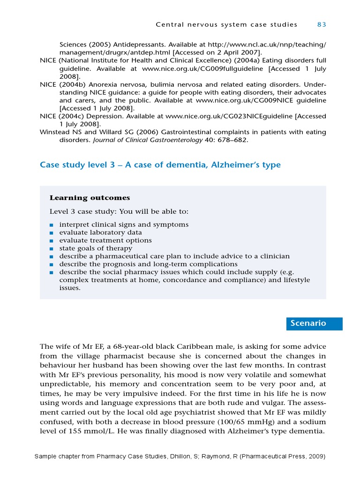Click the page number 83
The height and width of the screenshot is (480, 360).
click(x=322, y=24)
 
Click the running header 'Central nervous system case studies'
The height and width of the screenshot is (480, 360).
click(x=226, y=24)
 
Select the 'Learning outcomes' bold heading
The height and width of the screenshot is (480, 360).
click(x=90, y=198)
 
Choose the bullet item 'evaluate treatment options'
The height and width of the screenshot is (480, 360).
click(x=105, y=240)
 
